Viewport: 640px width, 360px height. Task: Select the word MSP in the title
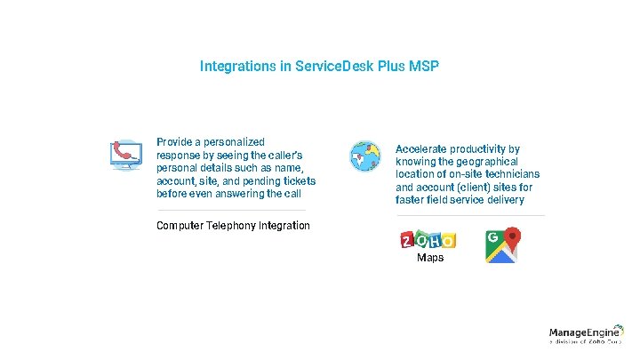click(x=425, y=67)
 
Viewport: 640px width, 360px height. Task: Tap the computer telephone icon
click(x=126, y=155)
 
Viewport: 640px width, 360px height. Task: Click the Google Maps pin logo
click(x=503, y=245)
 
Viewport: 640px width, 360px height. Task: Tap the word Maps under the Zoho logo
click(x=430, y=258)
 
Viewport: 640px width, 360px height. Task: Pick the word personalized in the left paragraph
click(x=233, y=141)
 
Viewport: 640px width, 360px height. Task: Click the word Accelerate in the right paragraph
click(x=421, y=149)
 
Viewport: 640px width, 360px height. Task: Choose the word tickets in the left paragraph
click(x=295, y=180)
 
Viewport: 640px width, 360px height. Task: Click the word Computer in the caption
click(x=180, y=226)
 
